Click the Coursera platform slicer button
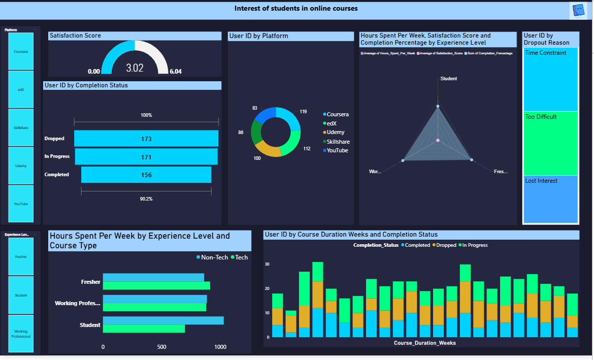[21, 51]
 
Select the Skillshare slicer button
[21, 127]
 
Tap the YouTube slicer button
[21, 204]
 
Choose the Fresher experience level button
[21, 256]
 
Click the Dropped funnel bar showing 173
[146, 139]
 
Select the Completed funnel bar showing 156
[146, 175]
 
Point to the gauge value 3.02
[135, 68]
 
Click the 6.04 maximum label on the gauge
[176, 72]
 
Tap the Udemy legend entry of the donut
[336, 133]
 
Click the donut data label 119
[303, 112]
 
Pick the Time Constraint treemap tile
[551, 79]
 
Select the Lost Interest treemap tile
[551, 199]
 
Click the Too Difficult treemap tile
[551, 143]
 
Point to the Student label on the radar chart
[448, 79]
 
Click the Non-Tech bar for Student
[163, 320]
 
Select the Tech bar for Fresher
[156, 285]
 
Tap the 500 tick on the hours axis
[162, 347]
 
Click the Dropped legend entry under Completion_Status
[445, 245]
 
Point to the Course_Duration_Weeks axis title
[424, 343]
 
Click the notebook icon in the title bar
[578, 10]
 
